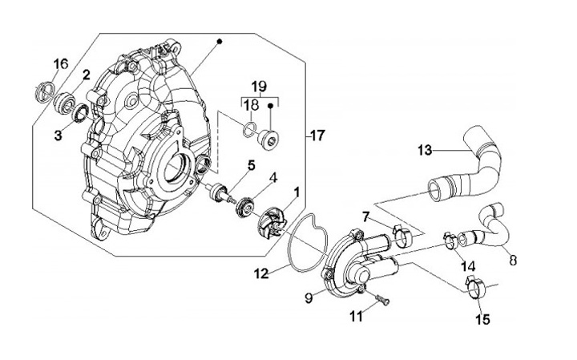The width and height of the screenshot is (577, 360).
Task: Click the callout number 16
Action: [61, 63]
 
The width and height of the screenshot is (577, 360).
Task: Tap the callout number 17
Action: [317, 136]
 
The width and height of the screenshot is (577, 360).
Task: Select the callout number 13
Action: [425, 150]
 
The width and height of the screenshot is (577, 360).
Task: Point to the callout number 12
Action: [261, 273]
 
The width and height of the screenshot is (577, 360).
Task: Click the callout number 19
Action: [260, 87]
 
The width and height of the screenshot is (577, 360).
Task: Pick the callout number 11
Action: [356, 316]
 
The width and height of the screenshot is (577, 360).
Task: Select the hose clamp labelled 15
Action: [475, 288]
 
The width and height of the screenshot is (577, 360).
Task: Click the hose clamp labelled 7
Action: [402, 237]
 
